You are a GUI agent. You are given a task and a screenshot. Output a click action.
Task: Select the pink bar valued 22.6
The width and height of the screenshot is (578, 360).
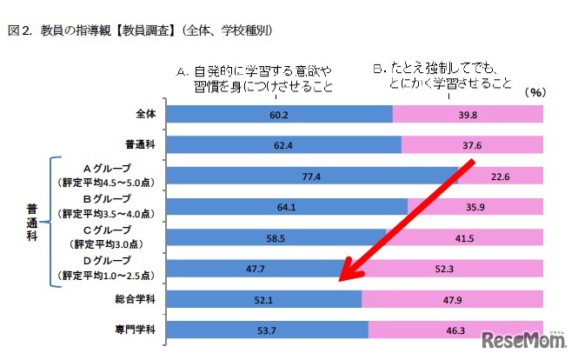501,176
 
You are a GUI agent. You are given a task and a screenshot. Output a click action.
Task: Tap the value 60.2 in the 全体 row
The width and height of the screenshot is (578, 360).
279,114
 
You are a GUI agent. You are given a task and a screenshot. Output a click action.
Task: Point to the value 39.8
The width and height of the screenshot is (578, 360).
468,114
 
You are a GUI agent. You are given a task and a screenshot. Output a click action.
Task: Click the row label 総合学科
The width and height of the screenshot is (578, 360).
137,298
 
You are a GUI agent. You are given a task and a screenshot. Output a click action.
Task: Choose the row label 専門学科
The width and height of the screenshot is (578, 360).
137,330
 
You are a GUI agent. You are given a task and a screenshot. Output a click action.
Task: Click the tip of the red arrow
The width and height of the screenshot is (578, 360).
340,281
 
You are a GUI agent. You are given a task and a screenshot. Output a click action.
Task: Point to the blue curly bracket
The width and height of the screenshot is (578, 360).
55,221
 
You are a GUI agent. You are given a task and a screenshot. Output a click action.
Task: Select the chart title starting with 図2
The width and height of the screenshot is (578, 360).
141,30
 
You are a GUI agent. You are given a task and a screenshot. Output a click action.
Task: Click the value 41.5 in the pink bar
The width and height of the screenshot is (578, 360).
464,237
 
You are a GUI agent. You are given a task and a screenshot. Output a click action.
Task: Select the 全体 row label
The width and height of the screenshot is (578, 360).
145,114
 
